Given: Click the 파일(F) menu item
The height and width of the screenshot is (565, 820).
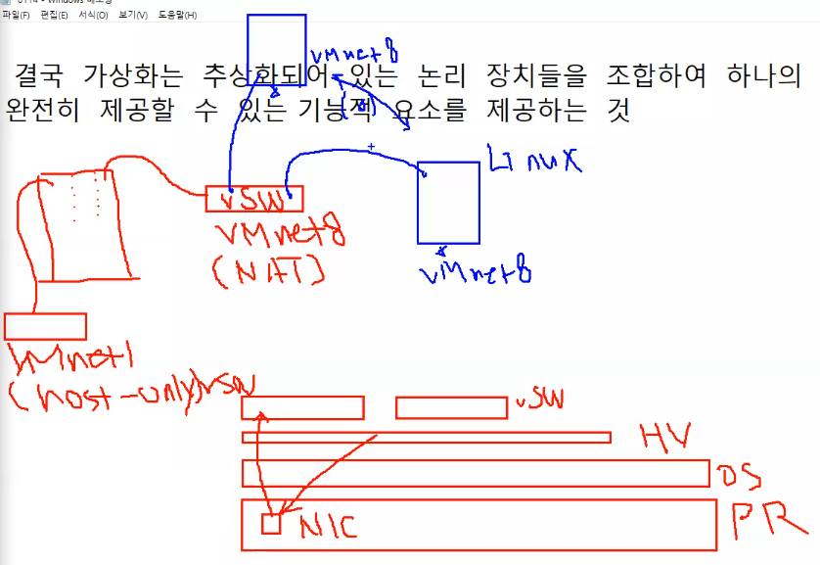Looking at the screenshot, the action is pyautogui.click(x=16, y=16).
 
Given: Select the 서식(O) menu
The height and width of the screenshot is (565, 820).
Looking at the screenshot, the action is pyautogui.click(x=93, y=16).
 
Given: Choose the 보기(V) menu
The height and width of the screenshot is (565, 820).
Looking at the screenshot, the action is pyautogui.click(x=132, y=16).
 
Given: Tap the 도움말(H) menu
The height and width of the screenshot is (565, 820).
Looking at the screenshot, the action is pyautogui.click(x=177, y=16).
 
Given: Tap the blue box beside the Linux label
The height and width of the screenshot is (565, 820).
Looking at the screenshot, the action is pyautogui.click(x=448, y=202).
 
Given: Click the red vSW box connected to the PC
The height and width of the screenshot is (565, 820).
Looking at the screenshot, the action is pyautogui.click(x=254, y=199).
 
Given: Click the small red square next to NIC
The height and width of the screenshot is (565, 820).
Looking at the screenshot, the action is pyautogui.click(x=271, y=524).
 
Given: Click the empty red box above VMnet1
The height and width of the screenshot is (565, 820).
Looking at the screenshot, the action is pyautogui.click(x=46, y=326).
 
